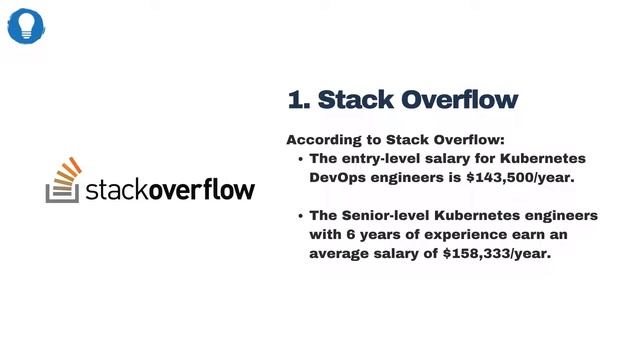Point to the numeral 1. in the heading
pos(298,99)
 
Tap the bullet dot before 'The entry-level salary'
pos(301,159)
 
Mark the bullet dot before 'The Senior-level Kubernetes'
pos(301,216)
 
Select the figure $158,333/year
pos(497,253)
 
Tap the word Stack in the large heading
pos(357,99)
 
